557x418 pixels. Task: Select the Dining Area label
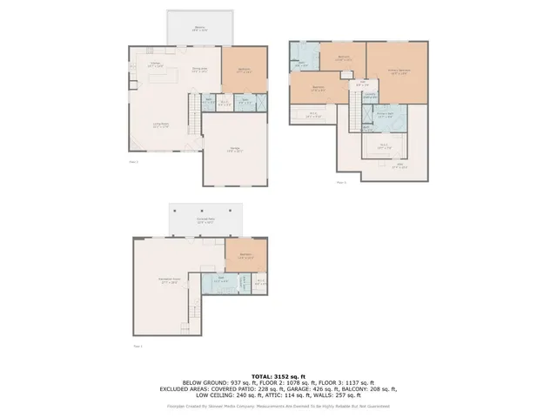(198, 71)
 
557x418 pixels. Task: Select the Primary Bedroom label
(399, 71)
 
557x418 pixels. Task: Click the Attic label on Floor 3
(399, 166)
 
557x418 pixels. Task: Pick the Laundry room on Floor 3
(370, 95)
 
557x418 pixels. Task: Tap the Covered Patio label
(205, 221)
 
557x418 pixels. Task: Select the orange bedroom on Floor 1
(245, 256)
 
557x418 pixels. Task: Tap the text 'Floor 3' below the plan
(341, 182)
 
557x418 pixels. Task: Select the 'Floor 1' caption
(136, 347)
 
